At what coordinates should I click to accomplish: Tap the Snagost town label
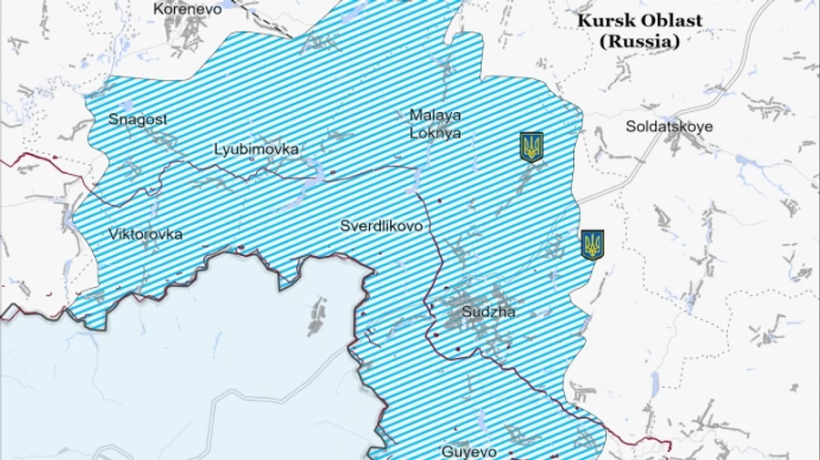[x=138, y=118]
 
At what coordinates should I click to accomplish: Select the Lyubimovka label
[x=256, y=148]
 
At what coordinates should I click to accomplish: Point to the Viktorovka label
[x=145, y=234]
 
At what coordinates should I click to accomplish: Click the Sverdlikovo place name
[x=381, y=226]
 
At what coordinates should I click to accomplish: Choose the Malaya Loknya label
[x=435, y=124]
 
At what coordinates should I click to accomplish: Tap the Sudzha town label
[x=488, y=312]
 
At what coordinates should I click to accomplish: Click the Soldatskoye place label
[x=669, y=127]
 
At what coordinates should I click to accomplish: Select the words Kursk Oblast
[x=640, y=21]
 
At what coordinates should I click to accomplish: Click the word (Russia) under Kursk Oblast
[x=640, y=41]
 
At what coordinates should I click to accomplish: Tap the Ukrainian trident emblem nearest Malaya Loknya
[x=531, y=147]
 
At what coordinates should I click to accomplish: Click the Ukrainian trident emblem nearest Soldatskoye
[x=592, y=244]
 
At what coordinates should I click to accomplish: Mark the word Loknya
[x=435, y=133]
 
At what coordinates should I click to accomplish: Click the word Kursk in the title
[x=605, y=21]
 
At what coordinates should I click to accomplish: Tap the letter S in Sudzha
[x=467, y=312]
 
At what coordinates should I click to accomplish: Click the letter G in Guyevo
[x=446, y=451]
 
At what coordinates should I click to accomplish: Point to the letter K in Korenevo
[x=159, y=8]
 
